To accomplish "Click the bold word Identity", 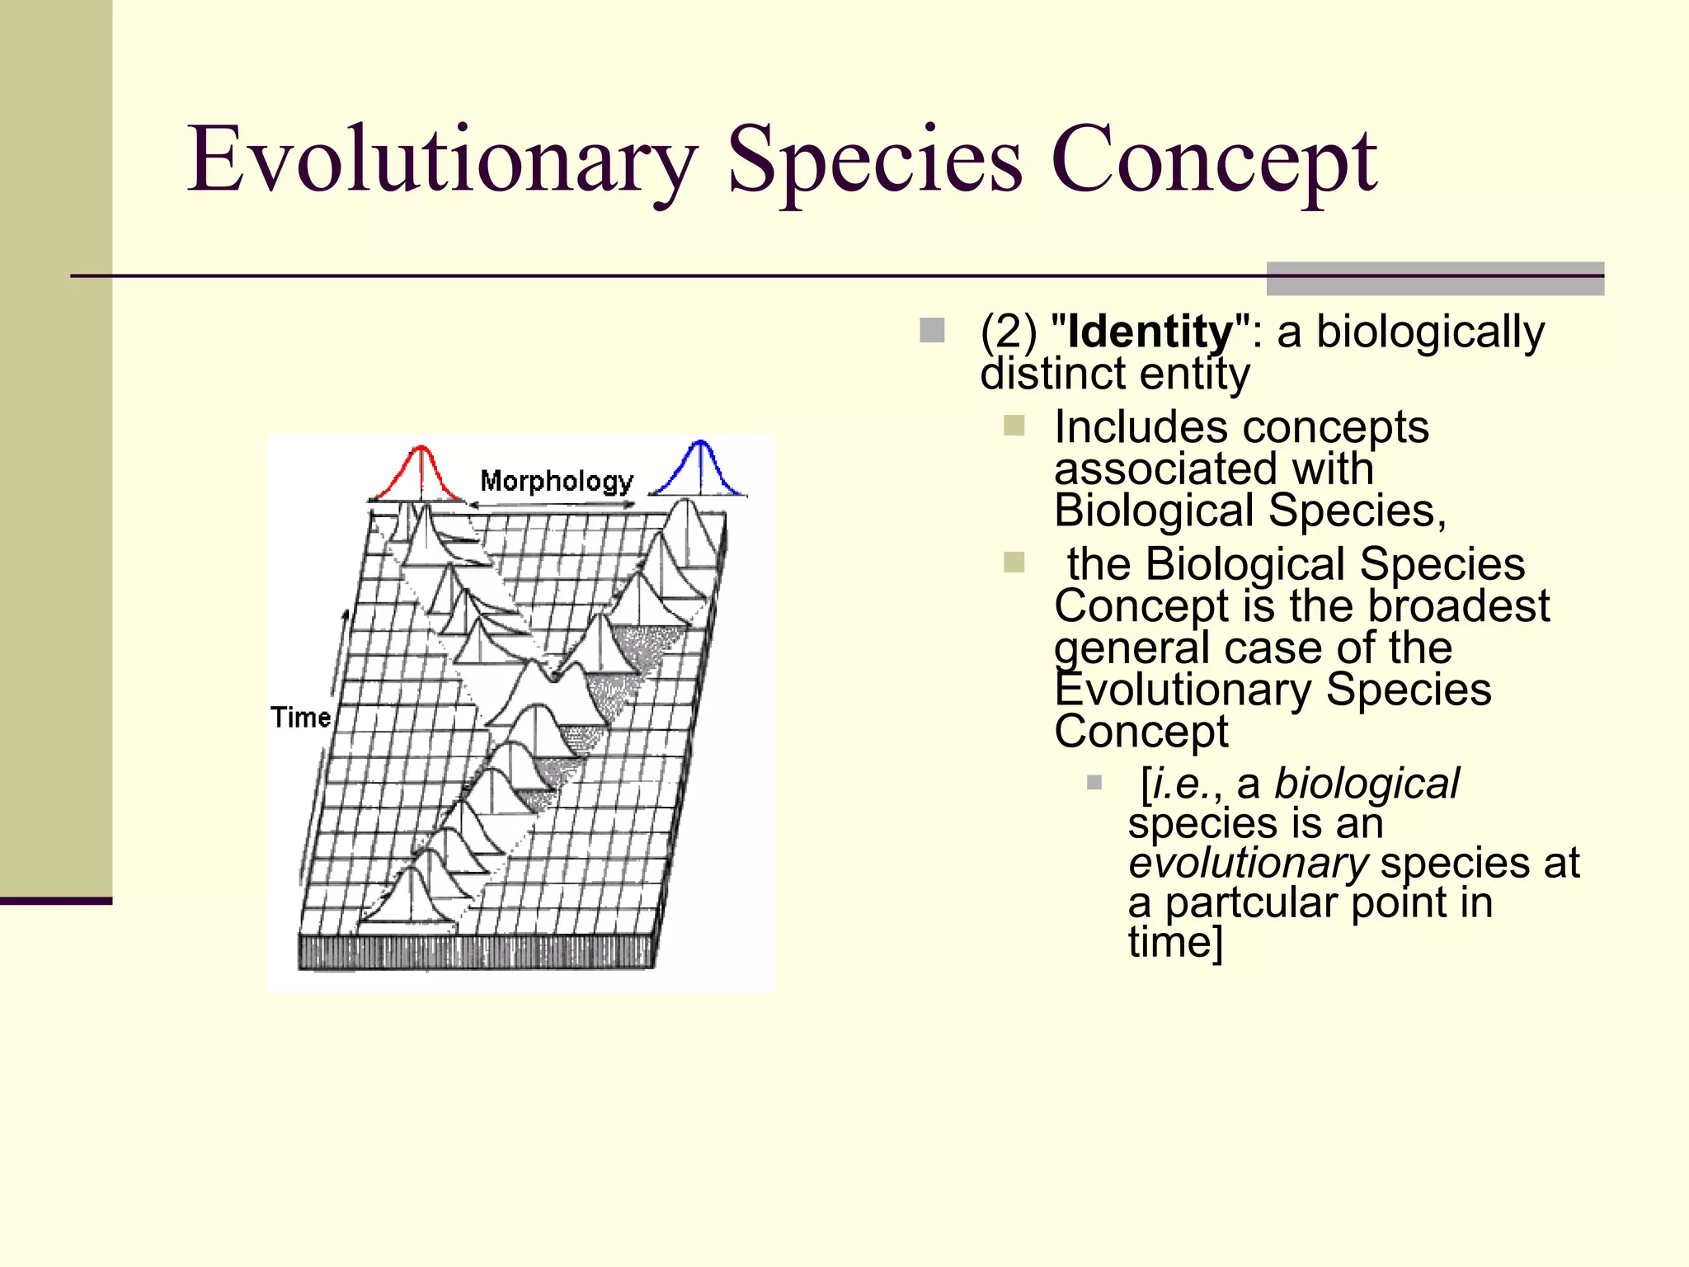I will pos(1150,332).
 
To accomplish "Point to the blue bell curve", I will pos(700,470).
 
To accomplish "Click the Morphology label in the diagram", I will pos(557,481).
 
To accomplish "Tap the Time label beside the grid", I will pos(300,718).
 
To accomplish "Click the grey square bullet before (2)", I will pos(932,331).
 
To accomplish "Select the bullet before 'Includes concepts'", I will pos(1014,426).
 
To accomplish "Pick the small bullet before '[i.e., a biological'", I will pos(1094,782).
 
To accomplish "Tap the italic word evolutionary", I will pos(1248,863).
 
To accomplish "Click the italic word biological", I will pos(1366,783).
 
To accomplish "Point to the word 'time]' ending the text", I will pos(1174,942).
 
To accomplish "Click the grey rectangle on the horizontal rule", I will pos(1434,278).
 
